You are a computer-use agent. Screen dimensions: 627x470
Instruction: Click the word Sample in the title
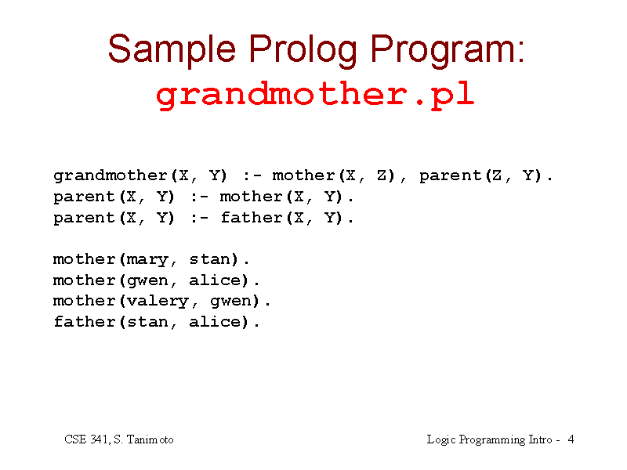tap(172, 50)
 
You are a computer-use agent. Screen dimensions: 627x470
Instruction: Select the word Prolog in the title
tap(303, 50)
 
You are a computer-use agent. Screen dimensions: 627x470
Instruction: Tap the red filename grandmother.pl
tap(315, 95)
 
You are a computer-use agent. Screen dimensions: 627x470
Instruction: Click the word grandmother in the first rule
tap(111, 175)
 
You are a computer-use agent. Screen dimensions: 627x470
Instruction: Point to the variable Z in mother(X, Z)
tap(382, 175)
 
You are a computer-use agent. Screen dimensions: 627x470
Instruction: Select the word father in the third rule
tap(252, 218)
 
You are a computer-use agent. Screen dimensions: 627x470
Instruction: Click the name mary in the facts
tap(147, 260)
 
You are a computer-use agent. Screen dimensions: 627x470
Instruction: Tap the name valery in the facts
tap(158, 302)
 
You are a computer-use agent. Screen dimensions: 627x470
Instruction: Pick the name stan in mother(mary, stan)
tap(209, 259)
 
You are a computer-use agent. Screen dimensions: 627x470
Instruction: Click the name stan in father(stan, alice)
tap(147, 322)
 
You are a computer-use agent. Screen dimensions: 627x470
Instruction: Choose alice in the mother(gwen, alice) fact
tap(215, 280)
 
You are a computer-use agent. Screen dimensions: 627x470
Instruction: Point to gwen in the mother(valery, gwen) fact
tap(230, 302)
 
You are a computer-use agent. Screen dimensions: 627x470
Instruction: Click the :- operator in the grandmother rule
tap(252, 175)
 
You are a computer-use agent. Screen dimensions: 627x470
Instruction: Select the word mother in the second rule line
tap(252, 197)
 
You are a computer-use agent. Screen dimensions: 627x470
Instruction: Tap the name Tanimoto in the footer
tap(150, 439)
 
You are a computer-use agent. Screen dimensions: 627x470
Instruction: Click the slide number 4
tap(571, 439)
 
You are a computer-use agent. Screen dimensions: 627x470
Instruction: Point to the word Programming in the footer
tap(492, 440)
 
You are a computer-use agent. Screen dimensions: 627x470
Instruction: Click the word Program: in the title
tap(447, 50)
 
